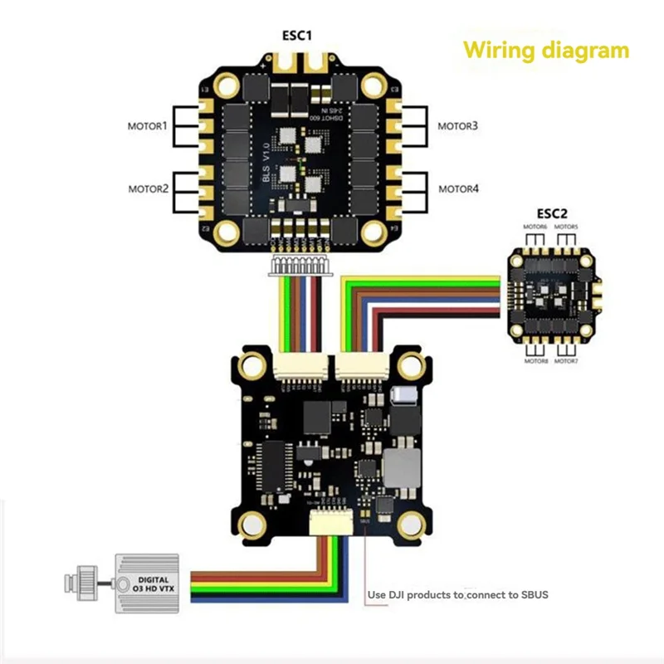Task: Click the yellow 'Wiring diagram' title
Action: coord(545,51)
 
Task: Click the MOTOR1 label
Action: coord(148,127)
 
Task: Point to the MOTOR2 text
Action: coord(148,189)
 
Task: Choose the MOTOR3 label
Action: coord(458,127)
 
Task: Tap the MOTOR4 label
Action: coord(458,189)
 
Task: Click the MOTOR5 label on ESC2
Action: coord(566,227)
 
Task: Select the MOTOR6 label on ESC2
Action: coord(535,227)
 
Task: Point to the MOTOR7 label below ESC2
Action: coord(566,362)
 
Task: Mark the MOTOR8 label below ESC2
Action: coord(535,362)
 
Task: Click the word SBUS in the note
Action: coord(532,594)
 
